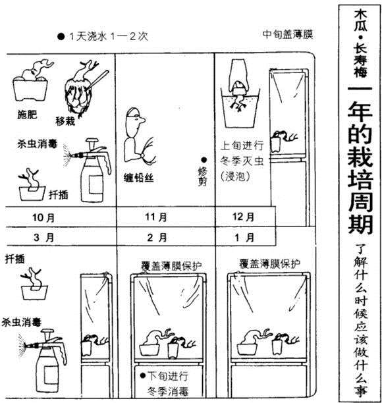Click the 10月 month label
[43, 218]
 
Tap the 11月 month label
[156, 217]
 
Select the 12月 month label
[244, 217]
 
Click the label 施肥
[27, 115]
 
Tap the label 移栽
[65, 121]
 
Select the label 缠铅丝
[138, 178]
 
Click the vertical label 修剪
[203, 176]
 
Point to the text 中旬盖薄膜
[288, 34]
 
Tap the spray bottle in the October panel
[93, 171]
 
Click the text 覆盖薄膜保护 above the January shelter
[269, 263]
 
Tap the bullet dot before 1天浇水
[61, 36]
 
